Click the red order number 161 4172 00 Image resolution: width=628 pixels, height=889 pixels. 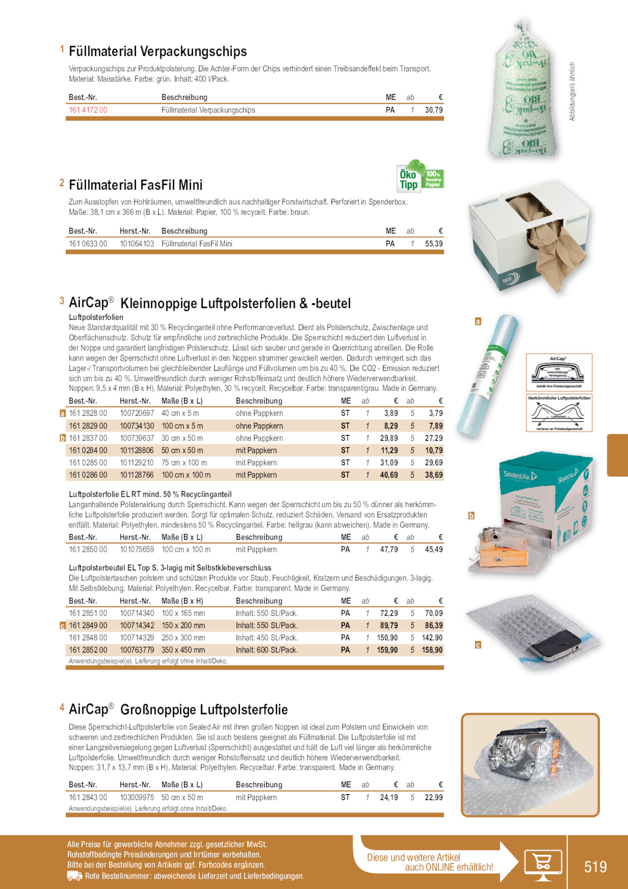coord(88,110)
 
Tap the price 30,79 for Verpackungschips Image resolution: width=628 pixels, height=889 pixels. coord(434,110)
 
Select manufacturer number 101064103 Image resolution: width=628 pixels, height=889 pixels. coord(137,244)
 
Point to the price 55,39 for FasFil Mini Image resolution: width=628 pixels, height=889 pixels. coord(434,244)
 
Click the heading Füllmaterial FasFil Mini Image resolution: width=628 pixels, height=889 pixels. coord(136,185)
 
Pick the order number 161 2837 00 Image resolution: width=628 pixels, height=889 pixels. coord(88,438)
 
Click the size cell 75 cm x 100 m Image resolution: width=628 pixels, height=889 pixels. coord(184,463)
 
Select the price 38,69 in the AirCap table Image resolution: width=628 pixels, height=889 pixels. coord(434,475)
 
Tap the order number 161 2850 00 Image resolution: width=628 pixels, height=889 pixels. coord(88,549)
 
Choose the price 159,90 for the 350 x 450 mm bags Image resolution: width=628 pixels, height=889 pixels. coord(387,650)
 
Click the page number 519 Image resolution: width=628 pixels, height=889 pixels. coord(595,866)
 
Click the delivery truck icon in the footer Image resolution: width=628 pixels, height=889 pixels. coord(75,876)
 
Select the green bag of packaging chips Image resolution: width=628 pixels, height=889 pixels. coord(524,93)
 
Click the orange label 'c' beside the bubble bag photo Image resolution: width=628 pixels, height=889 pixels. coord(478,645)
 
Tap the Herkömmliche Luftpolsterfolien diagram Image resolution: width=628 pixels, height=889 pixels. coord(559,413)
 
